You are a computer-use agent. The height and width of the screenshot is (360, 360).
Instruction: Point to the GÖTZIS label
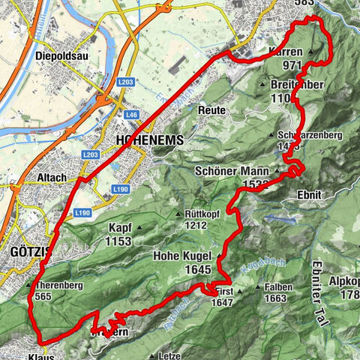(x=27, y=253)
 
